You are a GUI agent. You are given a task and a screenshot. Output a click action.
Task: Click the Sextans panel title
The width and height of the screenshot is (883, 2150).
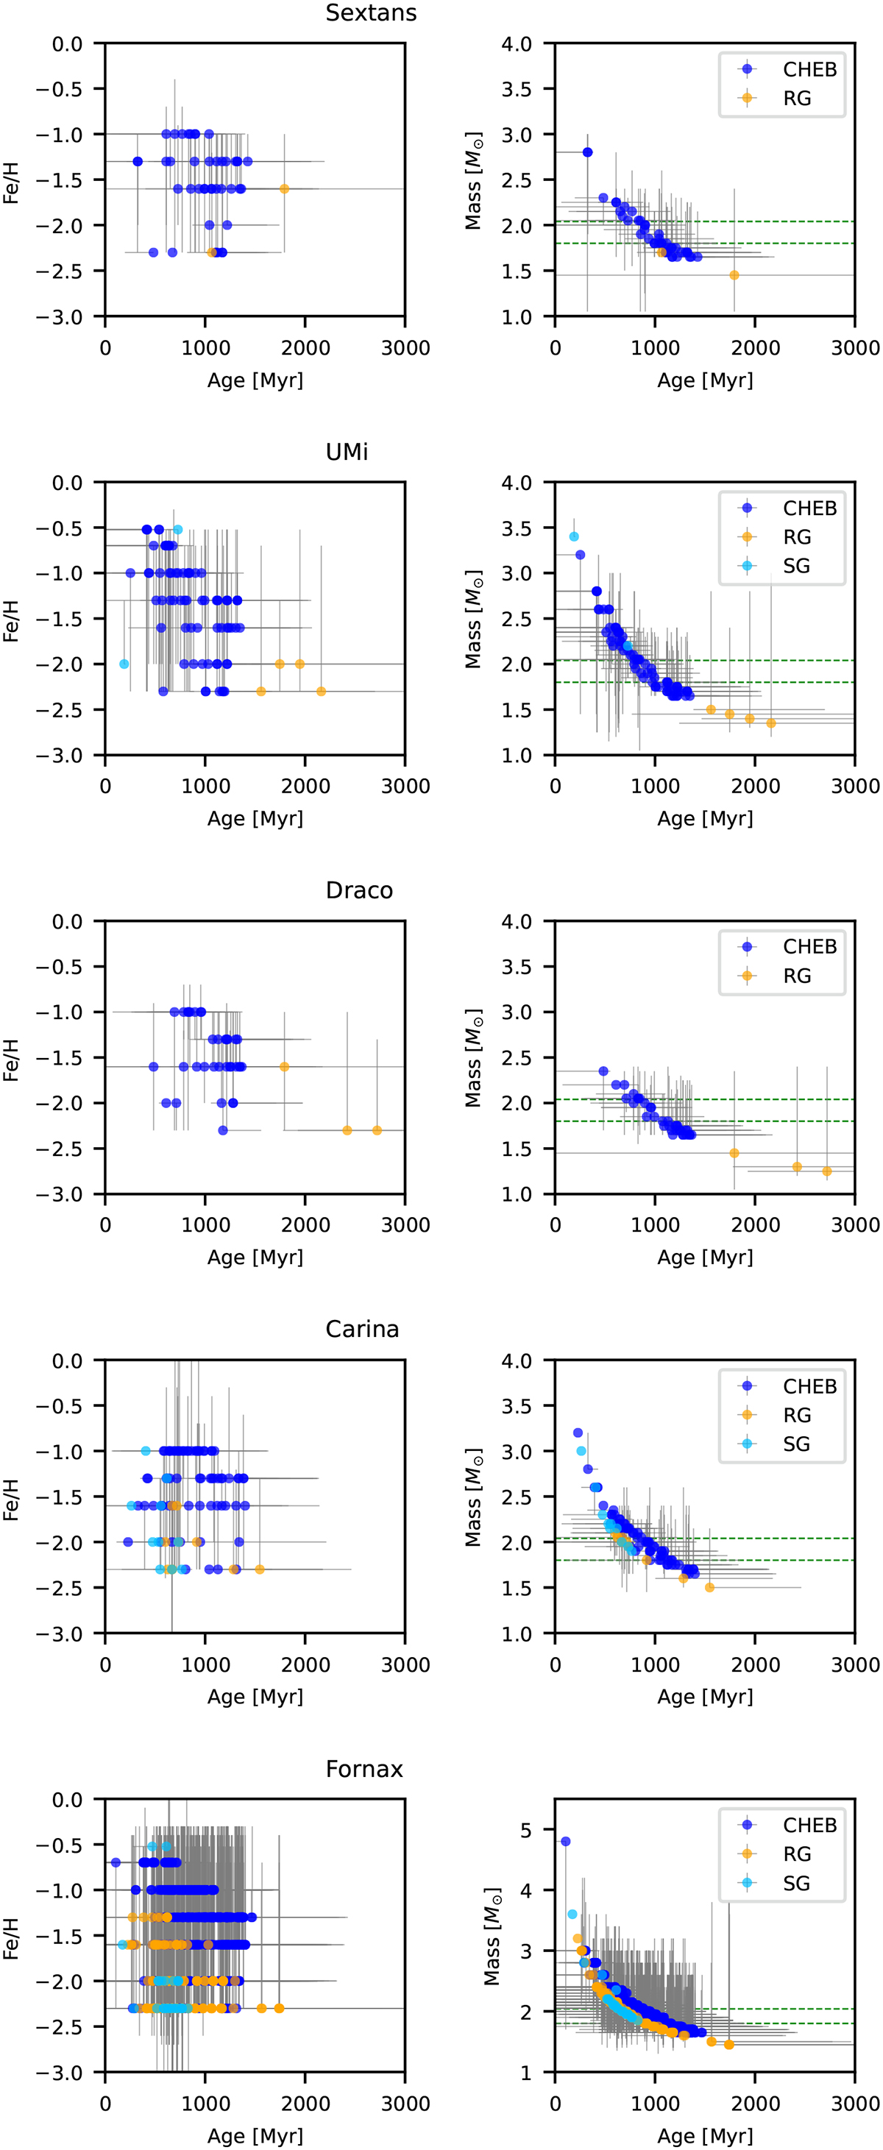pos(371,13)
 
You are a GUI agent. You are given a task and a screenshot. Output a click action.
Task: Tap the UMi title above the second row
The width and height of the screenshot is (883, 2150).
pos(347,452)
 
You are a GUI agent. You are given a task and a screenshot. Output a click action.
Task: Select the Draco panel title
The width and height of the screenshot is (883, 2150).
pos(359,890)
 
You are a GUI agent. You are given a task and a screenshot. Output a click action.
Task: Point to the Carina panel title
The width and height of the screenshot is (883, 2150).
pos(362,1329)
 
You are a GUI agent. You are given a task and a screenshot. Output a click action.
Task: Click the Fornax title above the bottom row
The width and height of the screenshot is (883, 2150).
pos(364,1769)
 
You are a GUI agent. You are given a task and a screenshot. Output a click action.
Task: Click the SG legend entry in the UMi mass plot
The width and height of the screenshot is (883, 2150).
pos(796,566)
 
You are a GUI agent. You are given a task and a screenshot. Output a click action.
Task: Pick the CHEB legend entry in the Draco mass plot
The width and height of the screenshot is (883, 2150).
pos(809,946)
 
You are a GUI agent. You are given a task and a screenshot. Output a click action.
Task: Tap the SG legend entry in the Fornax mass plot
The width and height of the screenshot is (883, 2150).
pos(796,1883)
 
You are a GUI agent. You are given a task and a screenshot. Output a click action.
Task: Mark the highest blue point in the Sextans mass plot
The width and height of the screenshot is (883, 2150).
pos(587,152)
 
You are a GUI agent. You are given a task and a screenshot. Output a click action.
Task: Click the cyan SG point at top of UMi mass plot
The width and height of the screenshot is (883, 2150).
pos(573,536)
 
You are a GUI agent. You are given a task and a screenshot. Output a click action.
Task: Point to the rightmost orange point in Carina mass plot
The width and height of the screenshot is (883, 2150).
pos(709,1587)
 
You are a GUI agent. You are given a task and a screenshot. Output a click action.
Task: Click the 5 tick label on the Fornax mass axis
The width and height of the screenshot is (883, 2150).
pos(526,1831)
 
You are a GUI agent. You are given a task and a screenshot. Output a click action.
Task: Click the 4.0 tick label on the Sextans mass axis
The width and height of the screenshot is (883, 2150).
pos(517,43)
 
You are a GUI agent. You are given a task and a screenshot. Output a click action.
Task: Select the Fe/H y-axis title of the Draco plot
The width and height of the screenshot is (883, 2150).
pos(11,1060)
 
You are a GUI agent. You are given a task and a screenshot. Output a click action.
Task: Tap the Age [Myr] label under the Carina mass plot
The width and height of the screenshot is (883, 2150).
pos(704,1696)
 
